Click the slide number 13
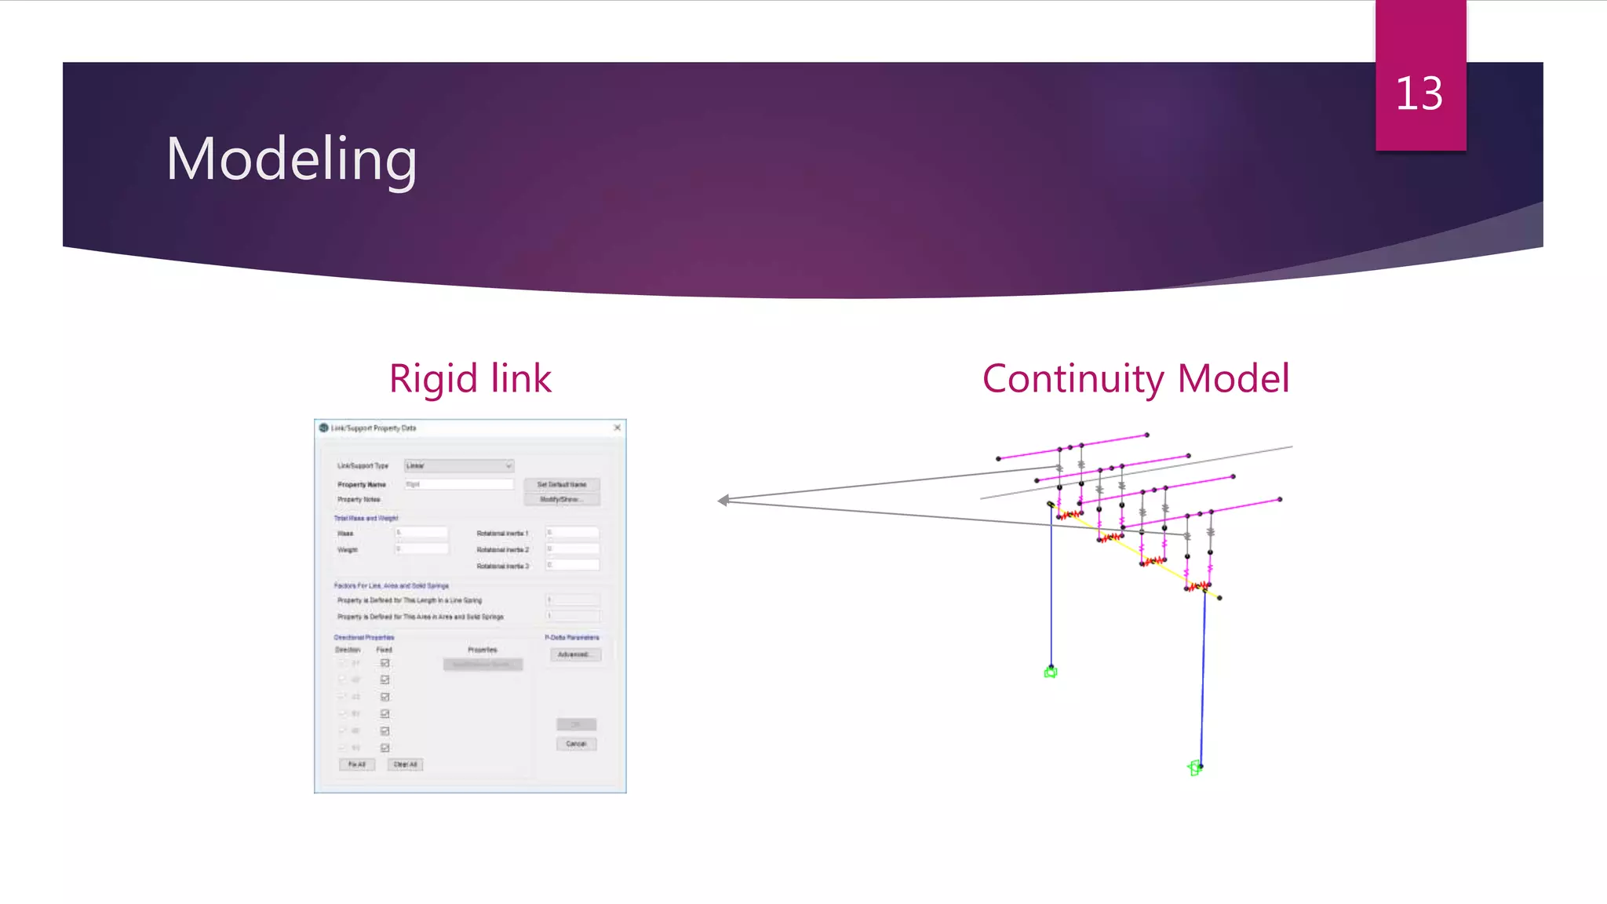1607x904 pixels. [x=1419, y=93]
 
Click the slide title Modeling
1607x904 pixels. [x=291, y=159]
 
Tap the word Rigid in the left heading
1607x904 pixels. [x=433, y=379]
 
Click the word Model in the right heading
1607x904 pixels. [x=1233, y=379]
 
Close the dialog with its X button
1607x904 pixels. [x=618, y=428]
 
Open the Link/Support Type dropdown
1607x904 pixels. [x=459, y=466]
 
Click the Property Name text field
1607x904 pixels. [x=459, y=484]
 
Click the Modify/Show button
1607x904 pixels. [x=562, y=499]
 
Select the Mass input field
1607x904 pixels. [x=421, y=533]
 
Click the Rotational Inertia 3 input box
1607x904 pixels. [x=573, y=565]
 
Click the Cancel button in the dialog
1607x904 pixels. [x=577, y=743]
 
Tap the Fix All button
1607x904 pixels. [x=357, y=764]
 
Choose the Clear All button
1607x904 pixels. [x=406, y=764]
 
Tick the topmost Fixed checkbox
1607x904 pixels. [x=385, y=663]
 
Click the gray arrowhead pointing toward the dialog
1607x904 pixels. [x=723, y=500]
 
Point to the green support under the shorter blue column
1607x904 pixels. [x=1051, y=672]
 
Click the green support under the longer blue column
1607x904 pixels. [x=1194, y=768]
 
